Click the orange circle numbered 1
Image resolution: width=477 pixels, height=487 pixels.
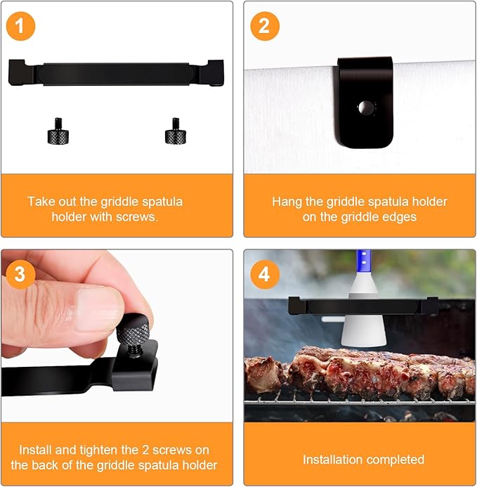[20, 26]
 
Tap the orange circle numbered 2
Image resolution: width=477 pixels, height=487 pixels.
[265, 26]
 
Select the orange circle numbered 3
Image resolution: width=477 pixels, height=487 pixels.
[20, 275]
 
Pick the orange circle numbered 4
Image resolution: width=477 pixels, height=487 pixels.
[265, 275]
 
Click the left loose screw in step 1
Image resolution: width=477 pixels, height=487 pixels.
[58, 131]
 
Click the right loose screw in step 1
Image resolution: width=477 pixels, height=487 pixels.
[176, 131]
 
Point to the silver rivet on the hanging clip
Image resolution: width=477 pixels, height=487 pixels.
[365, 108]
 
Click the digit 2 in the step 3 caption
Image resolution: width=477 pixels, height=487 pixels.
[145, 450]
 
